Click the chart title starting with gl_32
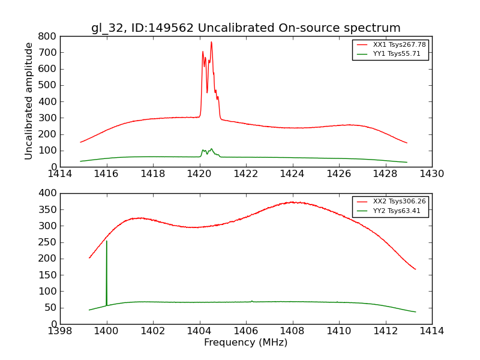pyautogui.click(x=246, y=28)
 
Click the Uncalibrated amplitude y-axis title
pyautogui.click(x=29, y=101)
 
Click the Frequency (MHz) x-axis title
pyautogui.click(x=246, y=343)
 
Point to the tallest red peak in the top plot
pyautogui.click(x=211, y=42)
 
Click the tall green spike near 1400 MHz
pyautogui.click(x=107, y=242)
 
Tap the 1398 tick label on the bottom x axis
pyautogui.click(x=60, y=331)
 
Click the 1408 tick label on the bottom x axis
pyautogui.click(x=292, y=331)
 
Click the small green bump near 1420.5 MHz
pyautogui.click(x=211, y=149)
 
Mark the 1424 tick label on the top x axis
pyautogui.click(x=292, y=174)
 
